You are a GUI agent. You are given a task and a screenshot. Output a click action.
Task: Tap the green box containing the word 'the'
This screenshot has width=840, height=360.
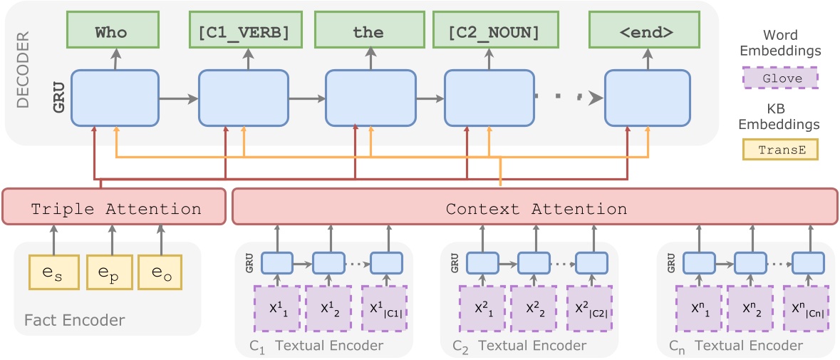coord(368,32)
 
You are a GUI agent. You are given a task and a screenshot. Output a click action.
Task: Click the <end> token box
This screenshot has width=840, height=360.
coord(648,32)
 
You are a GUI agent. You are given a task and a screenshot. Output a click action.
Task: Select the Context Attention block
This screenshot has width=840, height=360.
coord(535,209)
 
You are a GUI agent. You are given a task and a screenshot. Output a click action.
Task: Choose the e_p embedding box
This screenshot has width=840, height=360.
coord(109,273)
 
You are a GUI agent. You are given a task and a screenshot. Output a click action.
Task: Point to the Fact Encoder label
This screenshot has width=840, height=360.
coord(74,320)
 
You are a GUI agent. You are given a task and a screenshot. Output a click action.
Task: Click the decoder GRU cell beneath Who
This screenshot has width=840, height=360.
coord(115,98)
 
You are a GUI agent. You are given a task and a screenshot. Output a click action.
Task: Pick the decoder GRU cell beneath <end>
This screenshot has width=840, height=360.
coord(648,98)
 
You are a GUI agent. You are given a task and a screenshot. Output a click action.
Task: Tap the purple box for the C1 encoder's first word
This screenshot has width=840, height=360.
coord(277,308)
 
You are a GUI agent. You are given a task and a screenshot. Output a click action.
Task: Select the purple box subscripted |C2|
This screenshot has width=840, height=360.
coord(591,308)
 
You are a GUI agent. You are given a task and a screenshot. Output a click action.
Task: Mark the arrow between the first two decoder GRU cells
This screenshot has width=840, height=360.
coord(178,98)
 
